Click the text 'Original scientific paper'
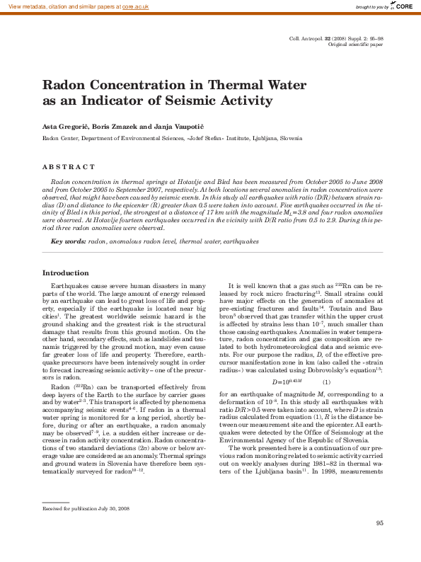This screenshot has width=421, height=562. [356, 45]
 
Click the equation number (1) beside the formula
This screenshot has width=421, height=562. [326, 382]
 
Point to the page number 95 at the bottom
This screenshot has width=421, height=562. [379, 543]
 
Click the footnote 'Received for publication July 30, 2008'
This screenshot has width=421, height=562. [86, 507]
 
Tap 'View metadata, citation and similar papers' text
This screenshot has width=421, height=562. [61, 6]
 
